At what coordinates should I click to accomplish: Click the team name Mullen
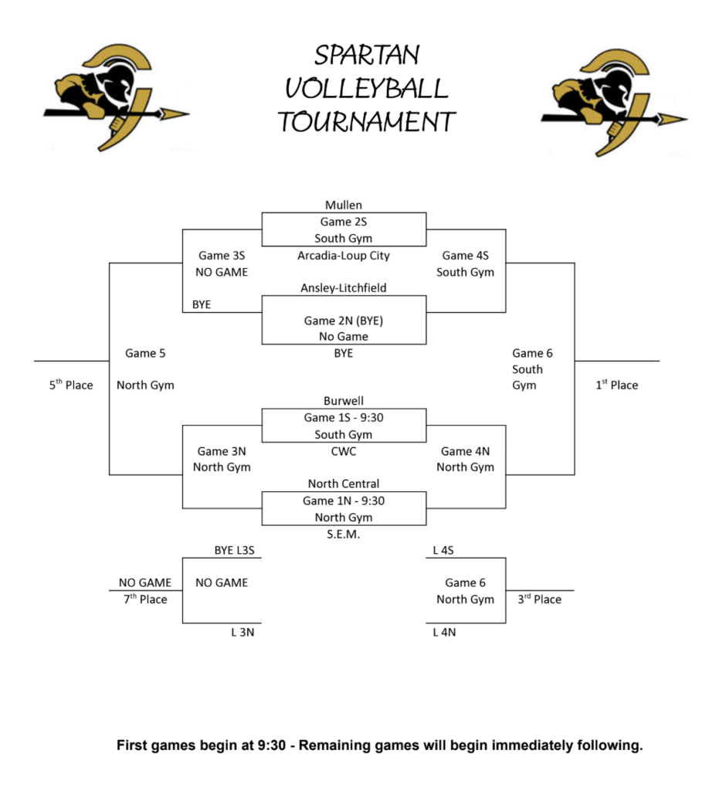tap(344, 205)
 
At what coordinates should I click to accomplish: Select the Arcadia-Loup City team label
tap(344, 256)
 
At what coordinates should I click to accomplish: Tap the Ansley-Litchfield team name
tap(344, 288)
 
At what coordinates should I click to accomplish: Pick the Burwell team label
tap(344, 402)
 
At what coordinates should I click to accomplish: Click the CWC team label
tap(344, 450)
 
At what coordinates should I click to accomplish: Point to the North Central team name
tap(344, 484)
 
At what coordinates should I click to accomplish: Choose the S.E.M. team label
tap(344, 534)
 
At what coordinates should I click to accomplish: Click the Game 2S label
tap(344, 222)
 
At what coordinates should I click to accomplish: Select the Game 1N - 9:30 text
tap(344, 501)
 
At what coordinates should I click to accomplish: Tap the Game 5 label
tap(145, 353)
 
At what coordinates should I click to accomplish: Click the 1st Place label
tap(616, 385)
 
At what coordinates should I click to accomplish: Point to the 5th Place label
tap(71, 385)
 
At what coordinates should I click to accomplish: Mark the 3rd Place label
tap(539, 599)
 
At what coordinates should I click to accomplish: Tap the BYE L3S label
tap(234, 550)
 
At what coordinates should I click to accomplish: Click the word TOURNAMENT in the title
tap(367, 122)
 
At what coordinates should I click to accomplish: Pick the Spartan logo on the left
tap(116, 97)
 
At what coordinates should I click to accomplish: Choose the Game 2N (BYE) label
tap(344, 321)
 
